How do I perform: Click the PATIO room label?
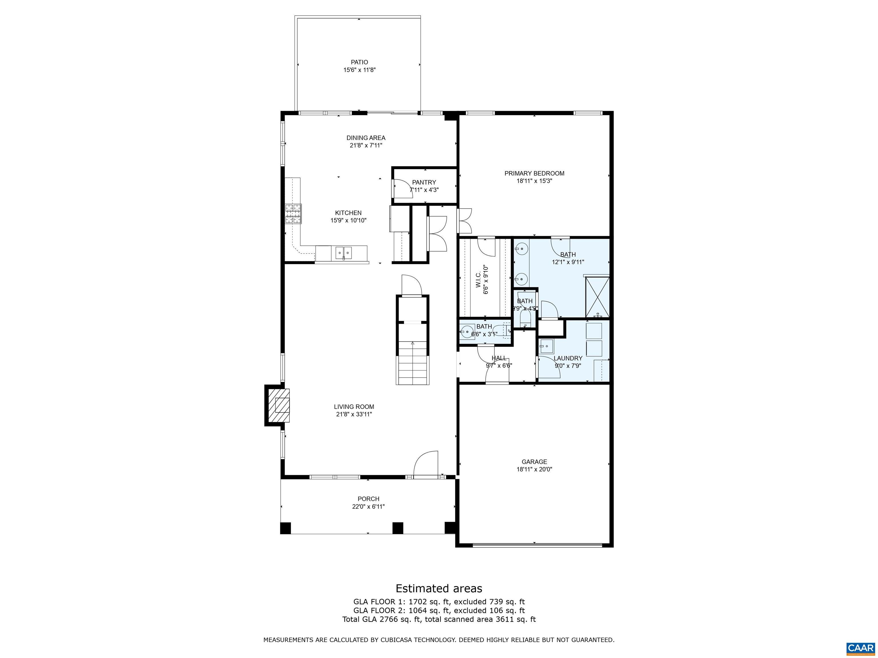point(359,62)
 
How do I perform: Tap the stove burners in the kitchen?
point(293,214)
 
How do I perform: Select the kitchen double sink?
point(344,252)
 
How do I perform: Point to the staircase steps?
point(413,364)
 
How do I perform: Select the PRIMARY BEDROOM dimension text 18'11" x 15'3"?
point(534,181)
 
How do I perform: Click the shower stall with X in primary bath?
point(597,297)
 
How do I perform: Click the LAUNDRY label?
point(568,358)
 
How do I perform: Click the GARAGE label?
point(534,462)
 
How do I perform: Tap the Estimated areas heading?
point(439,588)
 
